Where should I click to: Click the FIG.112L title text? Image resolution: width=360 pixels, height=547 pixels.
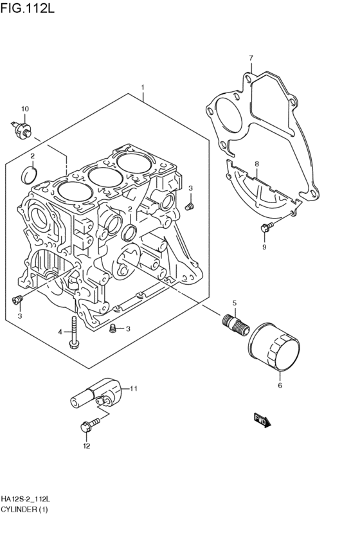[x=27, y=8]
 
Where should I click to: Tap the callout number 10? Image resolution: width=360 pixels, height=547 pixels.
[x=25, y=109]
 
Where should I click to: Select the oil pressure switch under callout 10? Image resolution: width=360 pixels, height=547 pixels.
[x=22, y=129]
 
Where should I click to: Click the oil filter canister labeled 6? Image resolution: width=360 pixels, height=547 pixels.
[x=274, y=346]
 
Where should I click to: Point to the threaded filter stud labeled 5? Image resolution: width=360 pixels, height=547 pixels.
[x=235, y=324]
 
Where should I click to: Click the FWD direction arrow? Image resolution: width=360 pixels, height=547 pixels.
[x=262, y=421]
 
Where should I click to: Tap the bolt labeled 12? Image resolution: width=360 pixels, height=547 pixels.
[x=89, y=426]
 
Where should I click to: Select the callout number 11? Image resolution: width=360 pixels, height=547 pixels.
[x=134, y=388]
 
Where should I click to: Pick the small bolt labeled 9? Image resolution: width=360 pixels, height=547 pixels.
[x=267, y=228]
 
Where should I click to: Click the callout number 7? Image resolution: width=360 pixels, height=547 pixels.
[x=251, y=58]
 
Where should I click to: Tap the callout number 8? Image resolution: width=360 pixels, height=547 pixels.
[x=256, y=164]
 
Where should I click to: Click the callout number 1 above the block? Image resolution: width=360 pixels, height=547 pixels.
[x=142, y=87]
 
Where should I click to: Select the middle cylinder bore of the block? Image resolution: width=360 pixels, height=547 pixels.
[x=105, y=177]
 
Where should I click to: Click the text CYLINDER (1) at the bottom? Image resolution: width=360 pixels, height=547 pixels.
[x=24, y=509]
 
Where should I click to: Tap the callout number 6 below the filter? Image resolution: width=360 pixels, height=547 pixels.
[x=280, y=386]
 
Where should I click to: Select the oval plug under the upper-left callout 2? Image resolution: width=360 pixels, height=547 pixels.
[x=29, y=175]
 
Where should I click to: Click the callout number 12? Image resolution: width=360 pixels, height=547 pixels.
[x=87, y=446]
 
